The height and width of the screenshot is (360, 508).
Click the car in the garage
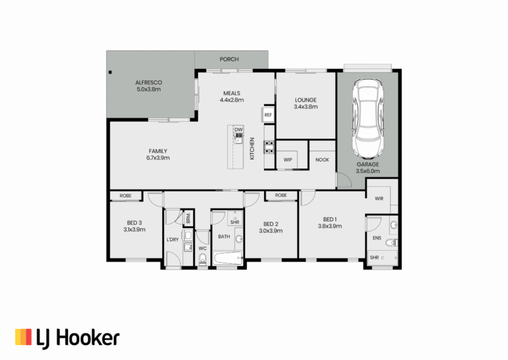pyautogui.click(x=368, y=119)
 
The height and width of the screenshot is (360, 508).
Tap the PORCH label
pyautogui.click(x=229, y=60)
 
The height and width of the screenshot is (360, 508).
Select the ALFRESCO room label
pyautogui.click(x=149, y=83)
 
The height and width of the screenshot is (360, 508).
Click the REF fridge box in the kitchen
pyautogui.click(x=268, y=115)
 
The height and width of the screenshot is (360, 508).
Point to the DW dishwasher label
pyautogui.click(x=239, y=130)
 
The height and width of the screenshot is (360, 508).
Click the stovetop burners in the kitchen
pyautogui.click(x=269, y=146)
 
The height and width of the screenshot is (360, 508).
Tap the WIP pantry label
pyautogui.click(x=288, y=160)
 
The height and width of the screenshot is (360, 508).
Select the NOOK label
pyautogui.click(x=322, y=160)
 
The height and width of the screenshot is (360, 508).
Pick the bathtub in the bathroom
pyautogui.click(x=228, y=258)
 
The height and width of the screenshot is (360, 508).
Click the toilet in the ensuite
pyautogui.click(x=391, y=242)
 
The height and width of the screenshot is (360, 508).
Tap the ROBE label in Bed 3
pyautogui.click(x=126, y=196)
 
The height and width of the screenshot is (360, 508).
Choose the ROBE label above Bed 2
pyautogui.click(x=281, y=195)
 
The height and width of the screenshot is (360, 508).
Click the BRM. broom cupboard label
pyautogui.click(x=188, y=218)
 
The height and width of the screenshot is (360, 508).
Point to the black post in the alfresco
pyautogui.click(x=110, y=72)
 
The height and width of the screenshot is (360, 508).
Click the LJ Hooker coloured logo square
pyautogui.click(x=23, y=337)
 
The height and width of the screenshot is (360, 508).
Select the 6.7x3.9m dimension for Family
pyautogui.click(x=158, y=158)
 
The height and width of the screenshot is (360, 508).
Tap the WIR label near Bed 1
pyautogui.click(x=379, y=199)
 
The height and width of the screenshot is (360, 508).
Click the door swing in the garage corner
pyautogui.click(x=344, y=180)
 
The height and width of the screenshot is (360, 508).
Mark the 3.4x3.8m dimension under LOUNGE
pyautogui.click(x=306, y=107)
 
